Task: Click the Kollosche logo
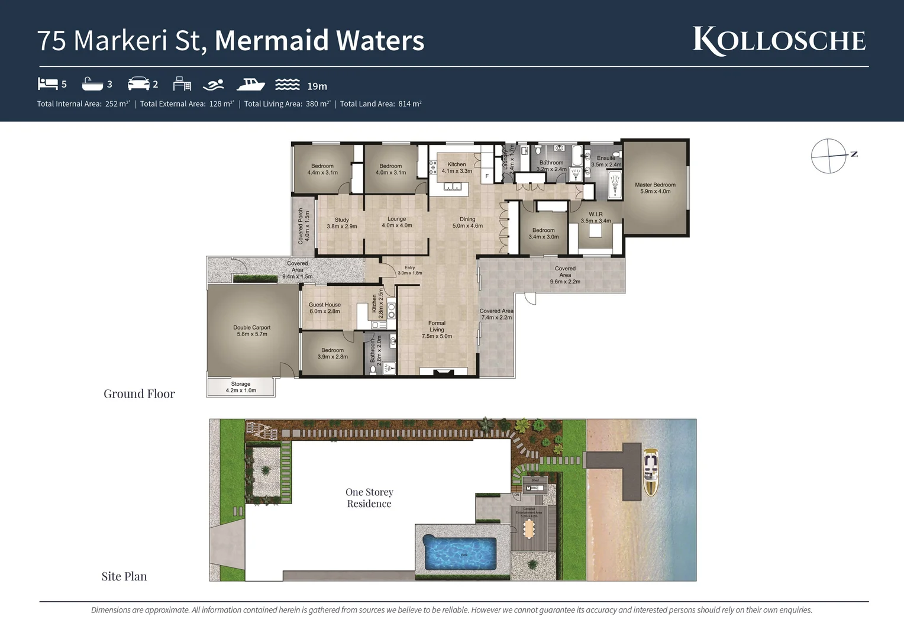click(x=779, y=41)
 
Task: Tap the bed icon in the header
click(x=47, y=83)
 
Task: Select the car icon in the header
click(x=138, y=83)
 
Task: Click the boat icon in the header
click(x=250, y=84)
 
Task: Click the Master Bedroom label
click(x=655, y=188)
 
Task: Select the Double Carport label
click(x=252, y=331)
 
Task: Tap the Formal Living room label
click(x=437, y=330)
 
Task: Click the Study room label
click(x=342, y=223)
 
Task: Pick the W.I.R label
click(x=596, y=217)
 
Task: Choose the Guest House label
click(x=324, y=308)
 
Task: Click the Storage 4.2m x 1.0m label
click(x=241, y=387)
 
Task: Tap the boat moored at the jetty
click(x=651, y=472)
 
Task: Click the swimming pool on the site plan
click(x=460, y=554)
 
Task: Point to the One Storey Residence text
click(x=369, y=498)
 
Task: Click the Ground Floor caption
click(x=139, y=394)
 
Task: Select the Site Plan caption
click(x=124, y=576)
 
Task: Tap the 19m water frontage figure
click(x=317, y=86)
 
